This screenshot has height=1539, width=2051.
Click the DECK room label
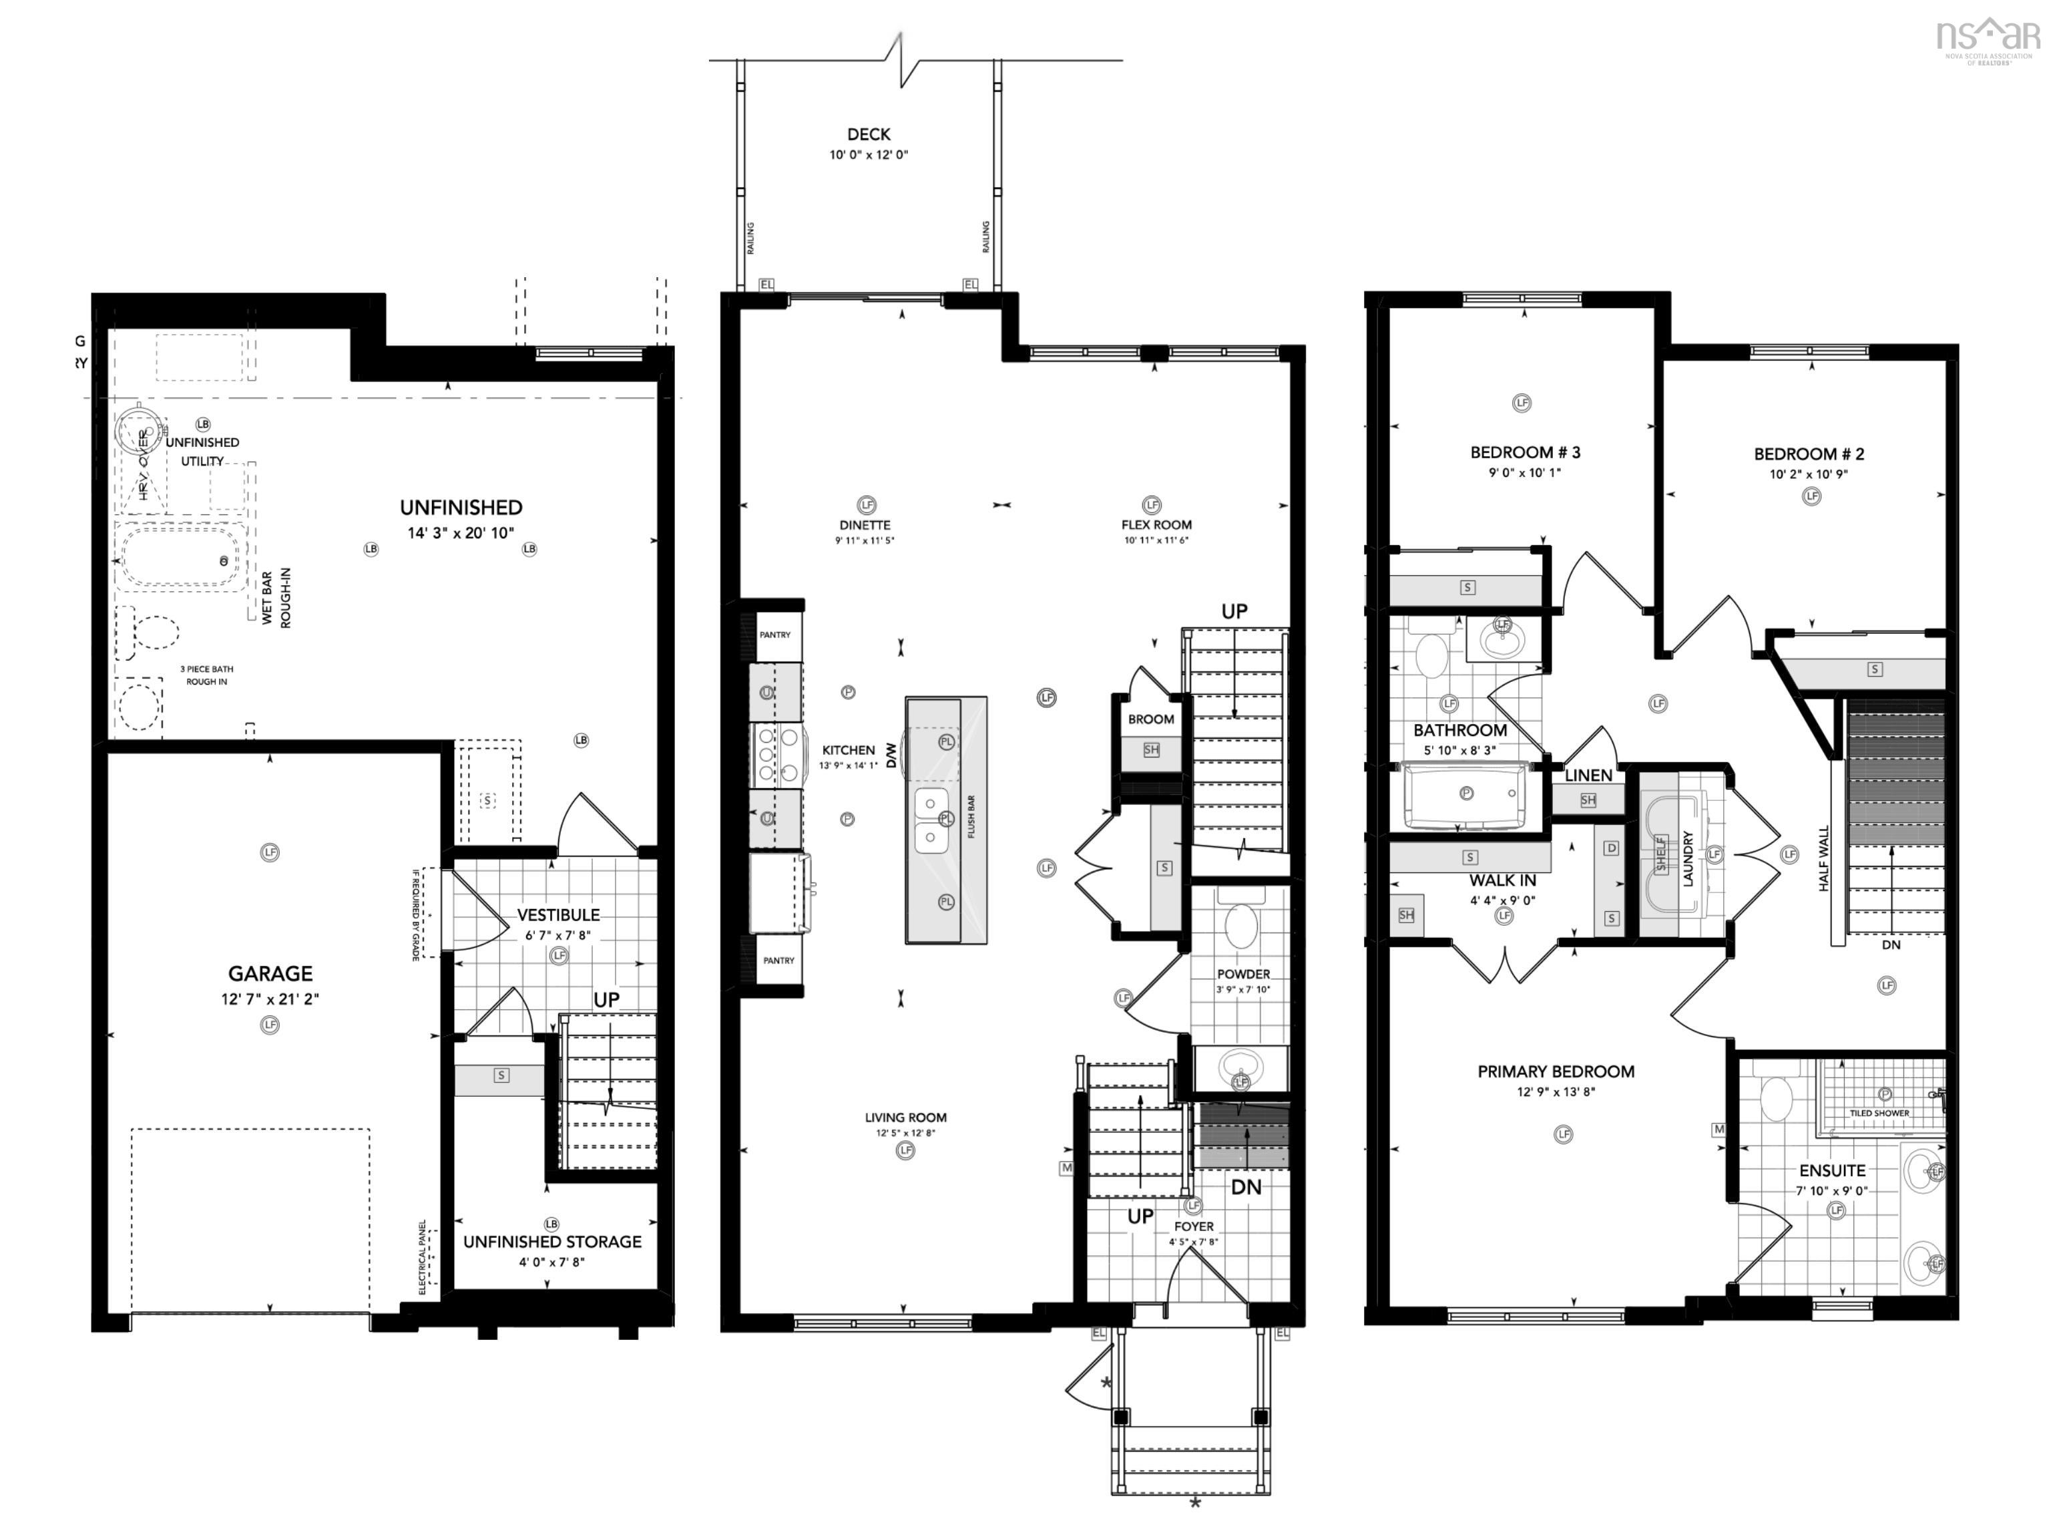coord(868,134)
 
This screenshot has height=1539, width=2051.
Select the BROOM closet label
coord(1150,719)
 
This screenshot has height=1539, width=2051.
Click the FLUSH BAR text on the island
coord(971,816)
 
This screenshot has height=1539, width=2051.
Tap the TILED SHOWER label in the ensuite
coord(1879,1114)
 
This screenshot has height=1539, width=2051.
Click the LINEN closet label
coord(1588,776)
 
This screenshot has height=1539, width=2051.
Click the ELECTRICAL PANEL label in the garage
coord(423,1257)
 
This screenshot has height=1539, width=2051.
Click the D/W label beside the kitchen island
coord(892,754)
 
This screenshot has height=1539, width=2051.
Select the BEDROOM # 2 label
coord(1808,454)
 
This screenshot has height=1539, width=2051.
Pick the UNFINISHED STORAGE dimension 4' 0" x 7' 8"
coord(551,1262)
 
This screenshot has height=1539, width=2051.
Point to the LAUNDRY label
coord(1688,858)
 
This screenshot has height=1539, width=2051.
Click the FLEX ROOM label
coord(1155,525)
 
